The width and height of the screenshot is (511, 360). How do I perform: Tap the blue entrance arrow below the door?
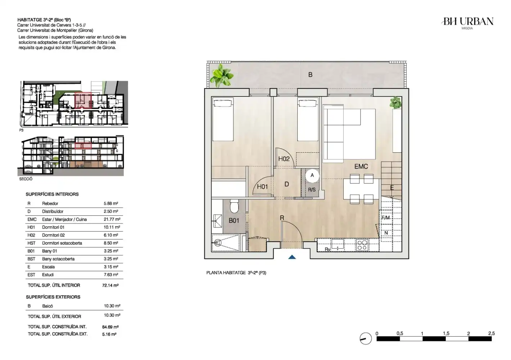(292, 257)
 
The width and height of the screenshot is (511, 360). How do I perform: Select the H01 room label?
(262, 187)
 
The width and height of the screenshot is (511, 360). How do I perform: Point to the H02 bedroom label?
(284, 159)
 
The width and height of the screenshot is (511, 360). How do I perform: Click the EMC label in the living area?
(361, 166)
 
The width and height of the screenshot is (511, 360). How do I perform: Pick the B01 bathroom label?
(234, 221)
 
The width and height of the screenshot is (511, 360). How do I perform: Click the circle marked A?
(312, 176)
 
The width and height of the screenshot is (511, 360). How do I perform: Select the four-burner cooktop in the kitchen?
(362, 245)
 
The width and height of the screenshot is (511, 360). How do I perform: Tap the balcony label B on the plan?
(310, 75)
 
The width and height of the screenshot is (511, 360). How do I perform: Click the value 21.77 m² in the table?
(112, 219)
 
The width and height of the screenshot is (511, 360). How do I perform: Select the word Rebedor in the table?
(50, 203)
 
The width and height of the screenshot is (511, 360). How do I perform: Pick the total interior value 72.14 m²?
(110, 285)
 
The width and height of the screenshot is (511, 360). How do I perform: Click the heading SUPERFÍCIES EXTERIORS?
(53, 297)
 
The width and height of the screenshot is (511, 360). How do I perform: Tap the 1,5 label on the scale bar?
(446, 333)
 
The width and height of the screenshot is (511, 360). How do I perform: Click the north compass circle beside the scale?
(366, 338)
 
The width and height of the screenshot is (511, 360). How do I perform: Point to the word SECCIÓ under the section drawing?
(26, 179)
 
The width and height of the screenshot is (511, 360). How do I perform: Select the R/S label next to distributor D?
(312, 190)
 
